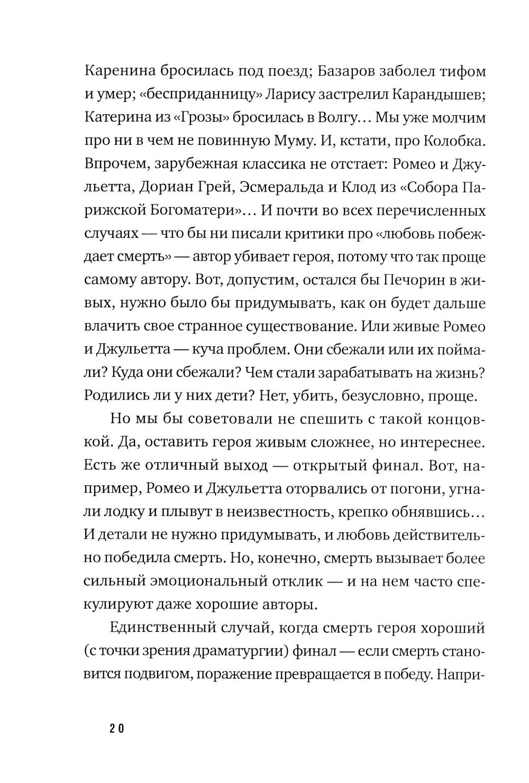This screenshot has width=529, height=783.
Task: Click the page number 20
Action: pos(117,728)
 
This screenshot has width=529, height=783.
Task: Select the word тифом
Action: pos(460,71)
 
